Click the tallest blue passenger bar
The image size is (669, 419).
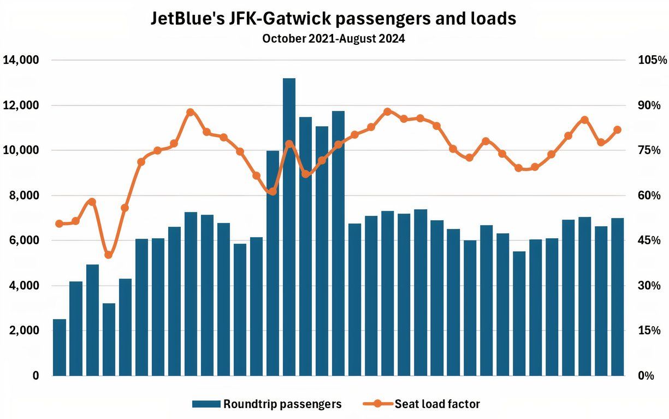click(x=289, y=227)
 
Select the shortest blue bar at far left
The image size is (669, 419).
click(x=60, y=347)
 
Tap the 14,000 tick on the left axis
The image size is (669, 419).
click(x=21, y=60)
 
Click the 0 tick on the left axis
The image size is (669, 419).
click(x=36, y=376)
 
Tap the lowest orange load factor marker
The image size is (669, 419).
click(x=109, y=255)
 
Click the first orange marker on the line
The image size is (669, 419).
click(x=60, y=223)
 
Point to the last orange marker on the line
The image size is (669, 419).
click(x=618, y=130)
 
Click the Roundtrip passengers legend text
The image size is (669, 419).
click(x=282, y=404)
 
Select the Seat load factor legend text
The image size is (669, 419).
click(x=437, y=404)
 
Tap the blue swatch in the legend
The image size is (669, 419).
click(x=206, y=404)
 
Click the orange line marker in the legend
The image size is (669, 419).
click(x=377, y=404)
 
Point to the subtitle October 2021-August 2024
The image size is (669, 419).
click(x=333, y=39)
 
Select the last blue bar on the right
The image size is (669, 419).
click(x=618, y=297)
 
